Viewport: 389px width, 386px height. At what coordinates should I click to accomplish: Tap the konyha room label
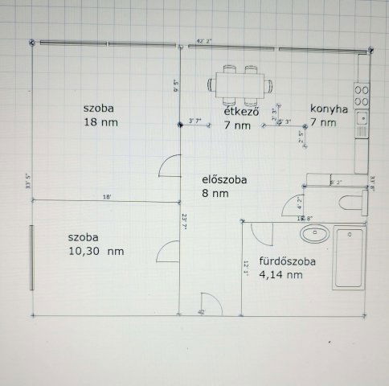pos(329,111)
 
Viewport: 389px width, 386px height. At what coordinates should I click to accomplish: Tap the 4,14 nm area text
pos(280,275)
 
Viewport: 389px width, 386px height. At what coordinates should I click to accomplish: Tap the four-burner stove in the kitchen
pos(362,96)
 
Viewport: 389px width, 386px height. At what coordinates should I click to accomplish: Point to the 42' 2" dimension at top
pos(205,39)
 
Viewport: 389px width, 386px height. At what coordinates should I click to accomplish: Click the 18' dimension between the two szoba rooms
pos(106,197)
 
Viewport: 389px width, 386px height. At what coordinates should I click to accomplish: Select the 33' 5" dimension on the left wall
pos(28,182)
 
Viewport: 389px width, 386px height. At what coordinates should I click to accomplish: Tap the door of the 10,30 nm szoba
pos(170,251)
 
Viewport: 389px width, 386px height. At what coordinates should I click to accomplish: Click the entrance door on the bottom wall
pos(207,302)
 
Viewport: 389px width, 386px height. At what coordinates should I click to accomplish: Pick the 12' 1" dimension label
pos(247,269)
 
